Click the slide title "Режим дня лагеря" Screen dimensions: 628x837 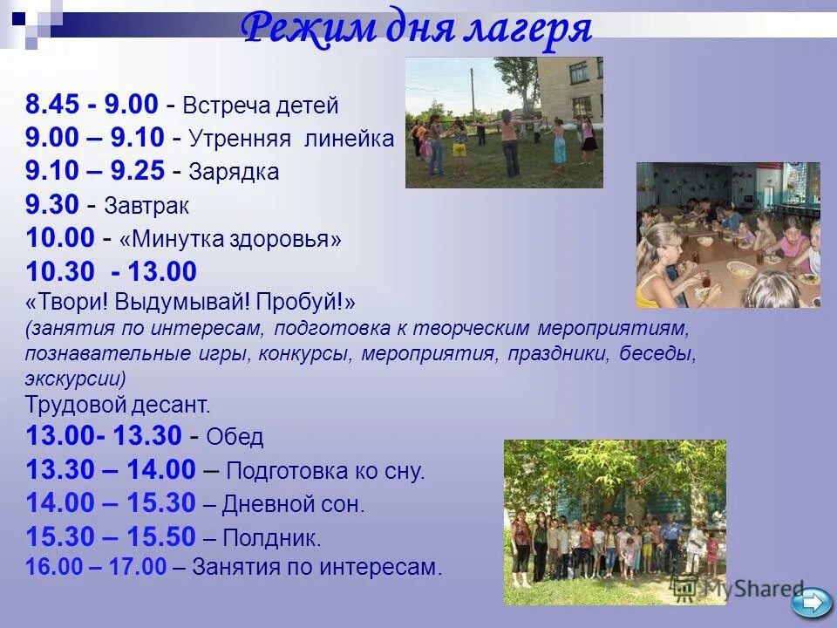tap(417, 30)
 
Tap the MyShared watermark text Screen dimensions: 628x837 tap(750, 589)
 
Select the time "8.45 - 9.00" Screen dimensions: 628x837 tap(92, 106)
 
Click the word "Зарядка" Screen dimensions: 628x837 tap(233, 172)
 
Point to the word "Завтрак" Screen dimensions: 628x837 tap(146, 206)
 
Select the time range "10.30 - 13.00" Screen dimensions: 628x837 tap(112, 271)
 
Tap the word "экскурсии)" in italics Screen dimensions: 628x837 tap(76, 379)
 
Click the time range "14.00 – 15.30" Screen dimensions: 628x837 tap(110, 503)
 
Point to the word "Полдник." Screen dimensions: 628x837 tap(272, 536)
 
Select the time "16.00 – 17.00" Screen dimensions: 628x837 tap(95, 567)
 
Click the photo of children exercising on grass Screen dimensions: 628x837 tap(504, 122)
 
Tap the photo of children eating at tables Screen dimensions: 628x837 tap(727, 235)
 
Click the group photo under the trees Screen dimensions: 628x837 tap(615, 522)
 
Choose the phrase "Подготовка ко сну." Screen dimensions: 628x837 tap(325, 472)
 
